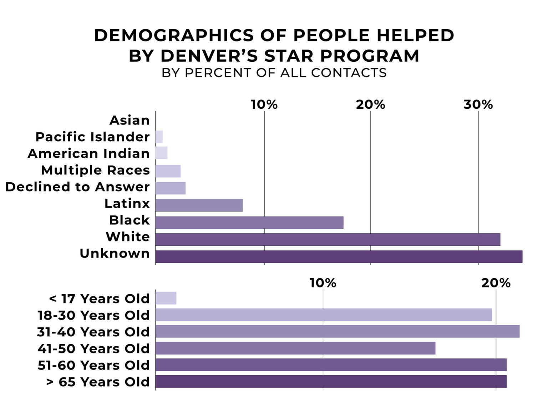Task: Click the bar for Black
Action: click(x=249, y=223)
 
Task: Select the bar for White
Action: click(x=328, y=240)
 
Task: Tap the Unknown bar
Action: click(x=339, y=257)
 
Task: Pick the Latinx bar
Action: click(x=199, y=205)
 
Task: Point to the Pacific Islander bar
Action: click(x=159, y=137)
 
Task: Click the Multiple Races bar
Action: click(x=168, y=171)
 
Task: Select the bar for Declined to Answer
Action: click(x=170, y=188)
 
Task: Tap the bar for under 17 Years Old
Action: click(x=166, y=298)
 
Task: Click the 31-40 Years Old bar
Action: click(x=337, y=331)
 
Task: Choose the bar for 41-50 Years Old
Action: click(x=295, y=348)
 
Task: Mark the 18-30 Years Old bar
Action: click(x=323, y=315)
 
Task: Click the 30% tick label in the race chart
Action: click(x=478, y=104)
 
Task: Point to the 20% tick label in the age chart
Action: click(x=496, y=283)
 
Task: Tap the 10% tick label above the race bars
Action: click(x=264, y=104)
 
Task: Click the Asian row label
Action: click(x=130, y=120)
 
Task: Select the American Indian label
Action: click(x=89, y=153)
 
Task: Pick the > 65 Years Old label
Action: click(x=98, y=382)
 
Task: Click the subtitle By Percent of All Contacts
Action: click(x=274, y=73)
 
